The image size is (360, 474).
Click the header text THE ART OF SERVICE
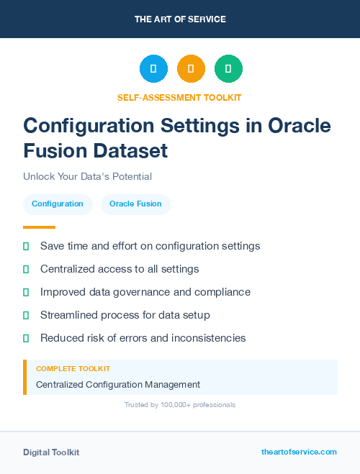point(180,19)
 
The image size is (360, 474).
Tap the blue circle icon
point(153,68)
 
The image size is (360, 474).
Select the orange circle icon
point(191,68)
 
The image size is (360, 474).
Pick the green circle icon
point(228,68)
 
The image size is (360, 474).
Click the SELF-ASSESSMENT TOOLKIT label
point(179,97)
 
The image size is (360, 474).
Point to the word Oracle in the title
point(299,126)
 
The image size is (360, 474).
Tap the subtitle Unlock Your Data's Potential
point(87,176)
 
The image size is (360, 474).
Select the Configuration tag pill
point(58,204)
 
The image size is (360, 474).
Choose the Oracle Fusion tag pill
point(135,204)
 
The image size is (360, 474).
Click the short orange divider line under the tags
point(29,227)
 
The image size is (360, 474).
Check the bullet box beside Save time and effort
point(26,246)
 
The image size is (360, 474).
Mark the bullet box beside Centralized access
point(26,269)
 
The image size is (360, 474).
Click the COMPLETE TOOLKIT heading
point(73,368)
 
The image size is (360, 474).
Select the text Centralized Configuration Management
point(118,385)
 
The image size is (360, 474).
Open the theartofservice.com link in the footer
point(299,452)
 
